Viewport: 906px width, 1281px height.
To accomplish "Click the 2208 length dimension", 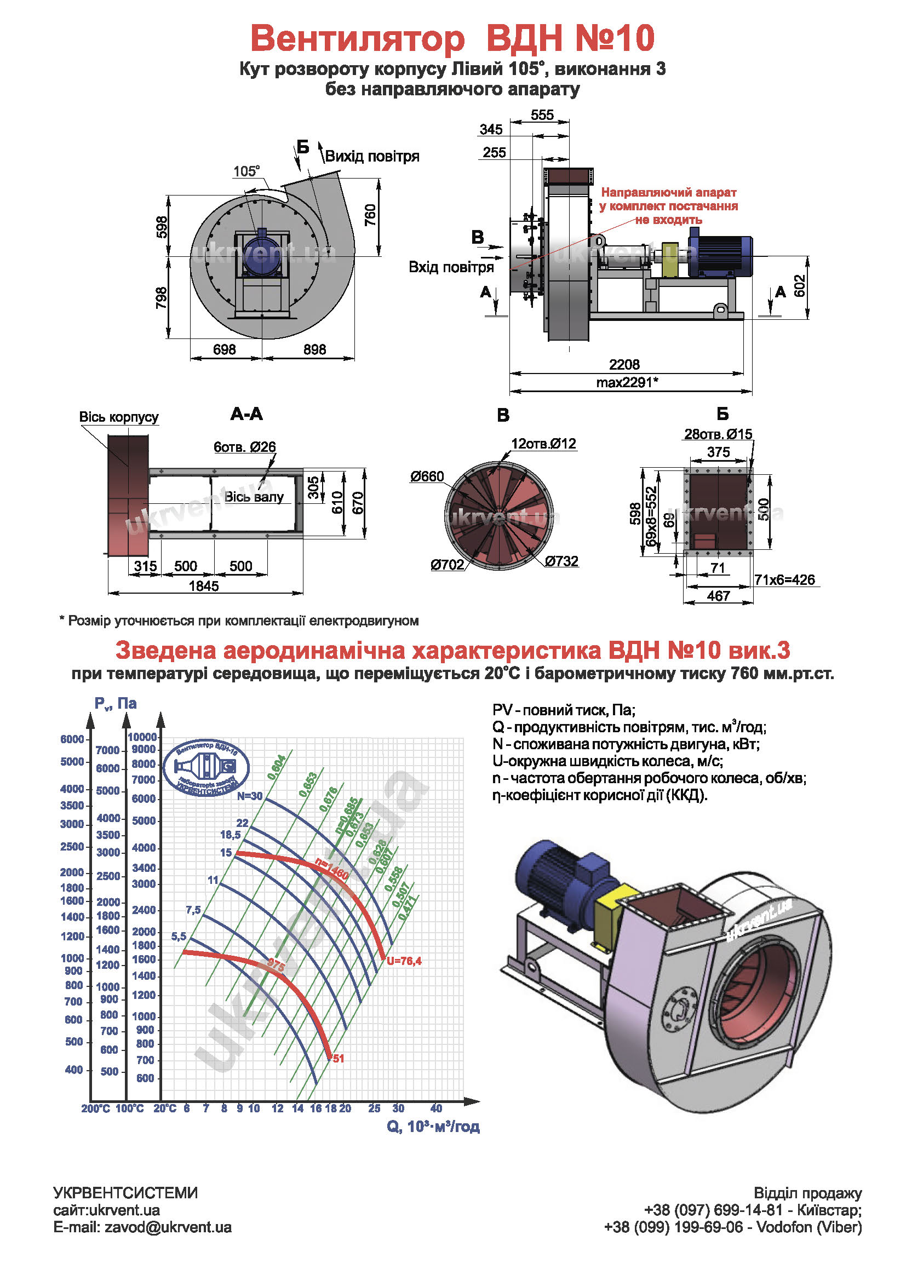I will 624,364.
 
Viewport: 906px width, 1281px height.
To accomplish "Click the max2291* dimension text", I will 627,382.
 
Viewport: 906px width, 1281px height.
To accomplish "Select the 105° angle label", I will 246,171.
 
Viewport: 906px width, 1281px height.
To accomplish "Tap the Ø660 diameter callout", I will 427,476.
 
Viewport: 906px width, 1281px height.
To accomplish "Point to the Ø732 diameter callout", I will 561,561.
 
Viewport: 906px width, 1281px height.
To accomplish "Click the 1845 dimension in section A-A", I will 204,586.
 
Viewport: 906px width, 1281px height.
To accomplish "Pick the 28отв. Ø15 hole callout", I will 718,434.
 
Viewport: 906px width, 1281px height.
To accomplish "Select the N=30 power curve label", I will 249,796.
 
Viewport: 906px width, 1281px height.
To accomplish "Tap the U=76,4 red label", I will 404,961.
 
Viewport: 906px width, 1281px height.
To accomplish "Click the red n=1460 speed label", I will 332,869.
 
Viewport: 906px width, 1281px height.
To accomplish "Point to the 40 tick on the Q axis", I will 435,1108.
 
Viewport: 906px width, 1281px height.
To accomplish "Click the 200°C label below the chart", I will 95,1108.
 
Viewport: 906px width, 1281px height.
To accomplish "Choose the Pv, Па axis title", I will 116,703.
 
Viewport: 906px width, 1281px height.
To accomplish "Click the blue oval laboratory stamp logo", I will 207,768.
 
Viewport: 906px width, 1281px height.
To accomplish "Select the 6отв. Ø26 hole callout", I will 244,447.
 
